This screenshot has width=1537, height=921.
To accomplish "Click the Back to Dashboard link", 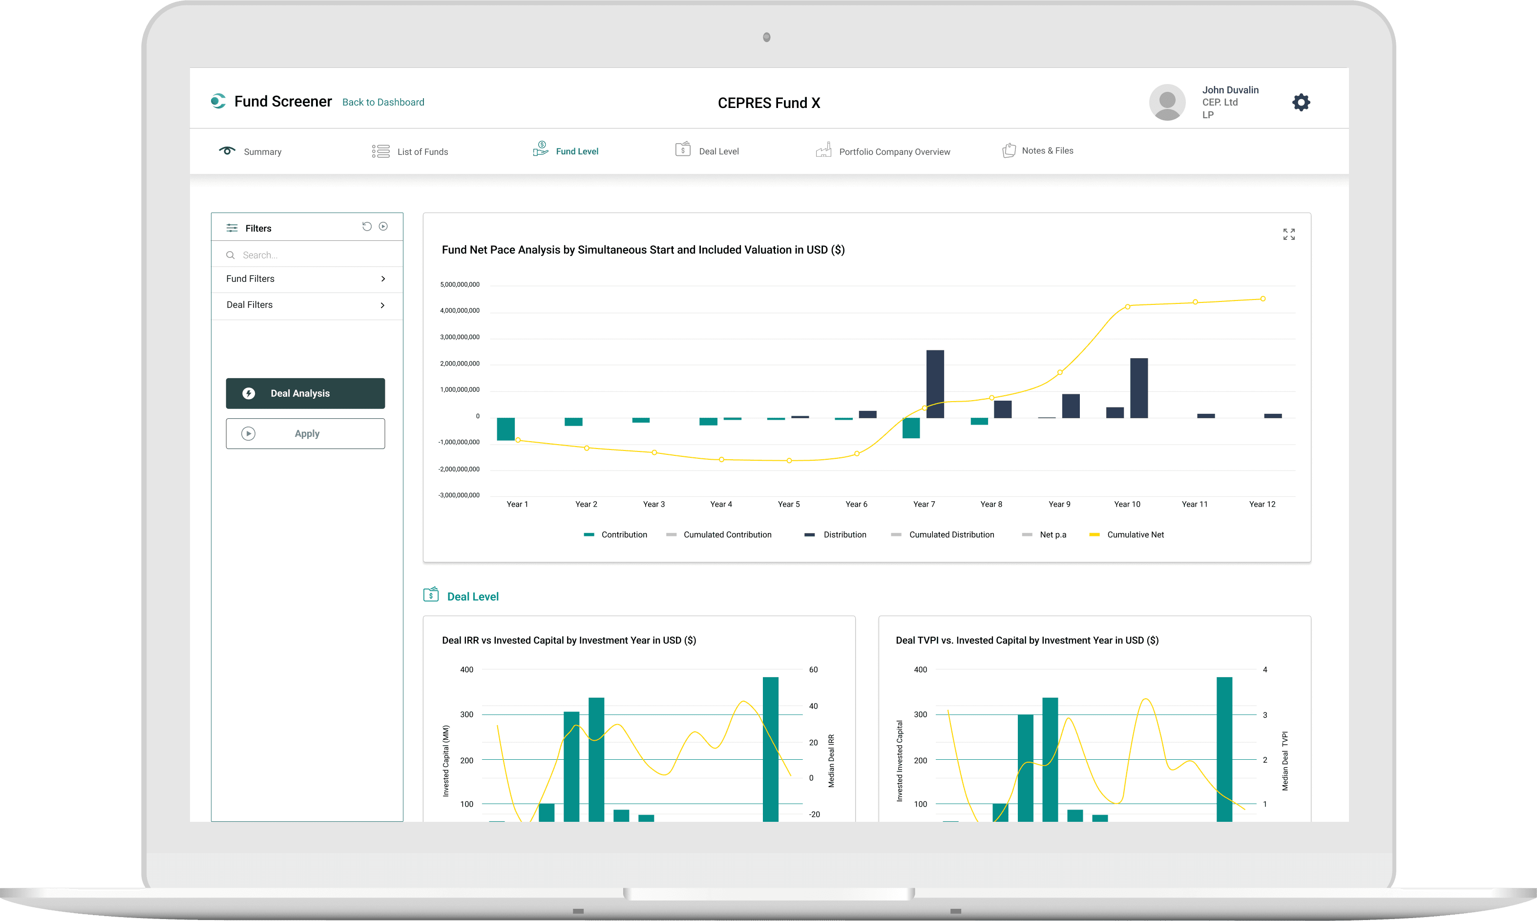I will point(383,103).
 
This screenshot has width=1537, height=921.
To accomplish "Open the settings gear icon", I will point(1301,103).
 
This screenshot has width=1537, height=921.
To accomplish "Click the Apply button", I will point(305,434).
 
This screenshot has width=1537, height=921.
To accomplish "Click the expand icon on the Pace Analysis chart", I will point(1288,235).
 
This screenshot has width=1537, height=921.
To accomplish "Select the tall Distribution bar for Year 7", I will point(935,384).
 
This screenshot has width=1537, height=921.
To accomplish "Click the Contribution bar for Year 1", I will point(505,429).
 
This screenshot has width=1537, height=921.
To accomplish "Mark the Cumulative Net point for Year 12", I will point(1262,299).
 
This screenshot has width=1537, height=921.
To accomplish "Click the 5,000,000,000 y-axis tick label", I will point(460,285).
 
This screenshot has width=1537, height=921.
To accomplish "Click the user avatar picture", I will point(1167,103).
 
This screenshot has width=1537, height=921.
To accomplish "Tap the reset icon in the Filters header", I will point(367,227).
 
